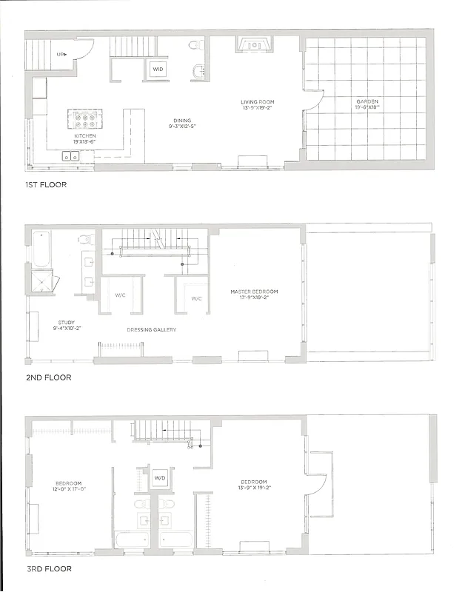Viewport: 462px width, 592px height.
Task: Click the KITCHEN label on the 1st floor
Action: click(84, 137)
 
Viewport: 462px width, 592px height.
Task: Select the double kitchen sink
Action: click(71, 156)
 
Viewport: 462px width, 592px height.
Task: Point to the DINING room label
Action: click(181, 120)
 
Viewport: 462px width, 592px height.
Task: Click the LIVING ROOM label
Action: click(258, 101)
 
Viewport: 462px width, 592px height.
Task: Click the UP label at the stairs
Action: click(61, 54)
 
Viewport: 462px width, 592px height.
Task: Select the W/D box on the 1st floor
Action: click(158, 69)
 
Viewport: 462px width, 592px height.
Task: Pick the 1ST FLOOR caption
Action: click(46, 184)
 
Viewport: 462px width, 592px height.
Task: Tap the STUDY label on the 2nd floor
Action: click(67, 322)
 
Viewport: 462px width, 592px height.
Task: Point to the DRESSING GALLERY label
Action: click(151, 329)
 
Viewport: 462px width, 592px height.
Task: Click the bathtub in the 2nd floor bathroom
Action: click(38, 248)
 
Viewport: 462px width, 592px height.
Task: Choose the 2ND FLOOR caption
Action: click(47, 377)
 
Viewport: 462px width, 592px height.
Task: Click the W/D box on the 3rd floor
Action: click(160, 477)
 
